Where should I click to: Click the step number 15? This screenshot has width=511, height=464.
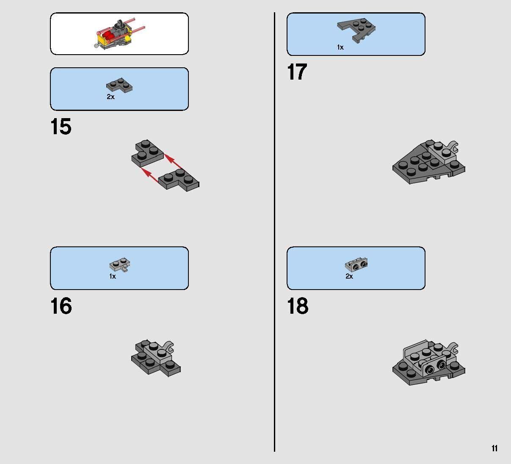pos(61,127)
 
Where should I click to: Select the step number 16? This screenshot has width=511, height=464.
pos(61,306)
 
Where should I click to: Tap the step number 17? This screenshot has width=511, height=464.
pos(297,72)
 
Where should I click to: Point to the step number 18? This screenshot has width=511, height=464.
pos(298,306)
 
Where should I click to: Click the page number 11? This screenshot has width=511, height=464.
pos(494,448)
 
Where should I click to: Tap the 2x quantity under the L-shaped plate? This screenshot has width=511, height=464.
pos(111,97)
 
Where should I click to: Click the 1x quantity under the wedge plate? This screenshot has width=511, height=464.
pos(340,47)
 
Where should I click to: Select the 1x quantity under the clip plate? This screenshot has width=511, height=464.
pos(112,276)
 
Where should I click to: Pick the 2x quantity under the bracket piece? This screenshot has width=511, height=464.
pos(349,276)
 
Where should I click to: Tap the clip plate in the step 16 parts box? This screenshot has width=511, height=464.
pos(120,265)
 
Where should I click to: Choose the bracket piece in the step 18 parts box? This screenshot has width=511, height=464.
pos(356,264)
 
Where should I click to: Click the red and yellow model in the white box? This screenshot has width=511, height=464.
pos(120,34)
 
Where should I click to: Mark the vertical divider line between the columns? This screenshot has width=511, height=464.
pos(274,232)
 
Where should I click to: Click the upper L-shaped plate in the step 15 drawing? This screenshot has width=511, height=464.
pos(148,153)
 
